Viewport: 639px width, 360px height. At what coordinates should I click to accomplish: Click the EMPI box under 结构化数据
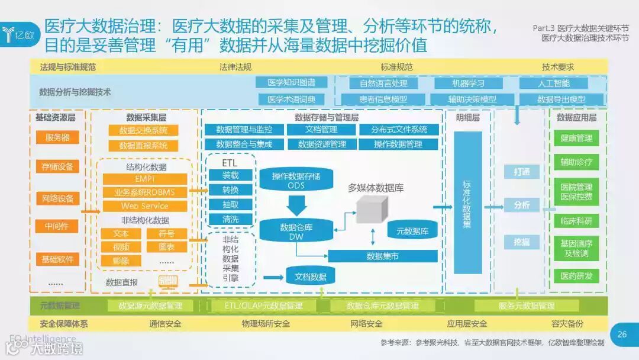click(145, 179)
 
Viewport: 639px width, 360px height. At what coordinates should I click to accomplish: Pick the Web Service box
click(145, 206)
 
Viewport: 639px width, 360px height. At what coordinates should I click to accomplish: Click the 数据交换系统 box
click(143, 131)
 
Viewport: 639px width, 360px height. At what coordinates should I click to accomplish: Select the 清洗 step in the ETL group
click(230, 219)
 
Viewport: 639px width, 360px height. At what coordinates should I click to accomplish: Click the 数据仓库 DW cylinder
click(296, 231)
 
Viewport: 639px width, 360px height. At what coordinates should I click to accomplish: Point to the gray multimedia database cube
click(372, 208)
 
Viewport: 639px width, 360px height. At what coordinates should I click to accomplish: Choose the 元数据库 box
click(412, 231)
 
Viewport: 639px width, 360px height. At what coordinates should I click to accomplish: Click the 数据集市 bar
click(382, 256)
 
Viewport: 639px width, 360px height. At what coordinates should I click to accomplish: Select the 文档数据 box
click(311, 277)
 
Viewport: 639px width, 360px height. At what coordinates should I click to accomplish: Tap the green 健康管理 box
click(576, 138)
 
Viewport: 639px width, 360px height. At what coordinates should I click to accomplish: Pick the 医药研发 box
click(576, 276)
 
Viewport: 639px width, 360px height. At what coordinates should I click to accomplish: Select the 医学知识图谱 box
click(291, 82)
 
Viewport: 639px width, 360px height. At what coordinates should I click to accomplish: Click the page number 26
click(621, 334)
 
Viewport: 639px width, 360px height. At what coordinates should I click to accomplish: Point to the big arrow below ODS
click(296, 205)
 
